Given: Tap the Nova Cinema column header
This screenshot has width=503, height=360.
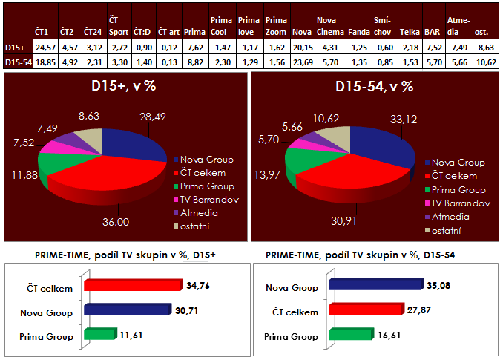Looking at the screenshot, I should tap(329, 26).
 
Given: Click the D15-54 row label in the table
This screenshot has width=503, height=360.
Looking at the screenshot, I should tap(16, 62).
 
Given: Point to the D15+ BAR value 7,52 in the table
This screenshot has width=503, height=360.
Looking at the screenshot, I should tap(433, 48).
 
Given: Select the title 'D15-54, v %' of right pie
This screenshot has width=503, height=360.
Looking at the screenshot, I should tap(375, 87).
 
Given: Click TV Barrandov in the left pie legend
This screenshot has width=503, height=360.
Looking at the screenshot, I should tap(208, 200).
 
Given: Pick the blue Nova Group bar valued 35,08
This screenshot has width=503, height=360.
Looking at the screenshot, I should tap(379, 284).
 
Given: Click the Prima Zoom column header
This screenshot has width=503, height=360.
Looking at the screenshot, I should tap(275, 26).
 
